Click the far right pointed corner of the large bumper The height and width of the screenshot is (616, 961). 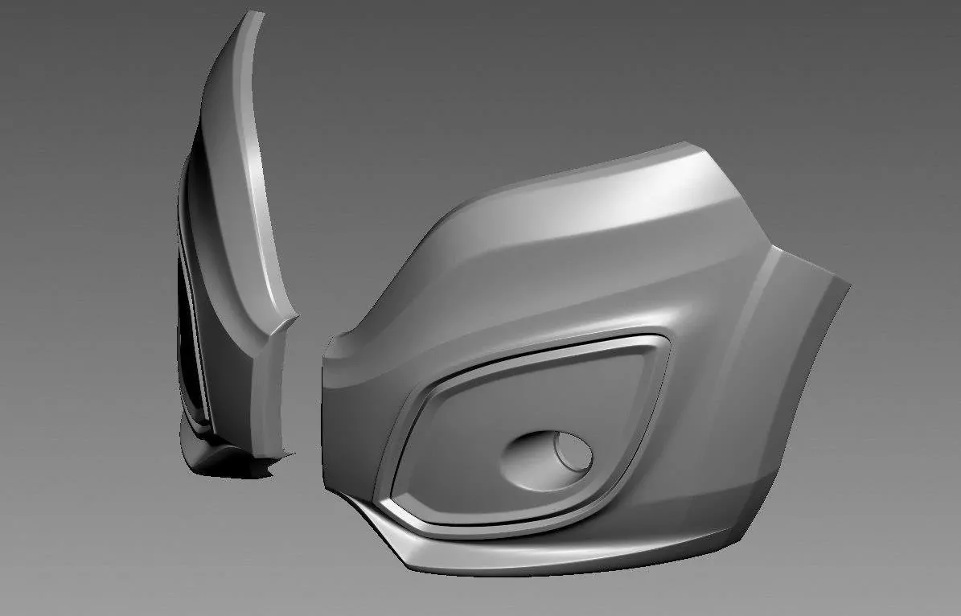(x=848, y=283)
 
